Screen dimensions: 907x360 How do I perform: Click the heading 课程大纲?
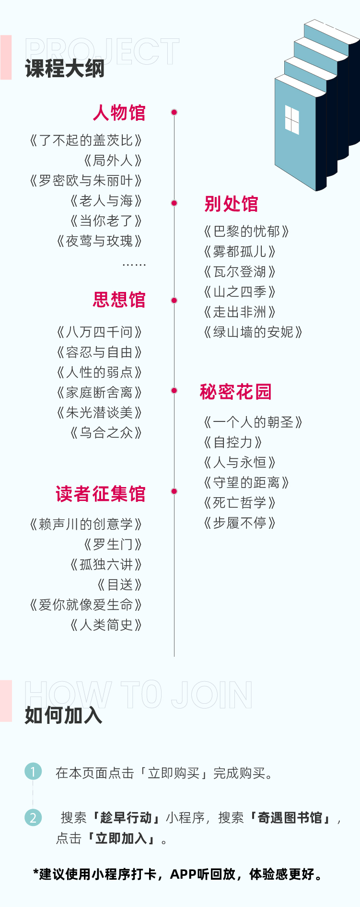[x=65, y=69]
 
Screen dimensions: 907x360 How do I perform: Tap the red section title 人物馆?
[x=119, y=113]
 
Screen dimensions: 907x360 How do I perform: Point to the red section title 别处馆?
[x=231, y=204]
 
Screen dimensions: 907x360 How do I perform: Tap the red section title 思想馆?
[x=119, y=300]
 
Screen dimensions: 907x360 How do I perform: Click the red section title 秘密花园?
[x=236, y=392]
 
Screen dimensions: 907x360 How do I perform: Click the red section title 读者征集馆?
[x=101, y=494]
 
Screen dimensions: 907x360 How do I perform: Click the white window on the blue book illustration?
[x=292, y=119]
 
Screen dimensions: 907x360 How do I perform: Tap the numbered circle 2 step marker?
[x=33, y=817]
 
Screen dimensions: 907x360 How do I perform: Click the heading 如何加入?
[x=64, y=715]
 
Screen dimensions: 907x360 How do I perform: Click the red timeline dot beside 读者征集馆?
[x=174, y=491]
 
